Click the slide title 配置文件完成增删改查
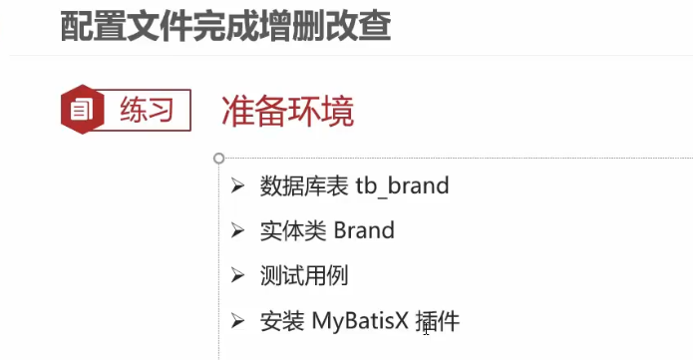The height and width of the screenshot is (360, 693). (x=224, y=26)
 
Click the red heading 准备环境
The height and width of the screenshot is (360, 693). (x=287, y=112)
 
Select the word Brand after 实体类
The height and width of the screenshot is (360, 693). (x=364, y=230)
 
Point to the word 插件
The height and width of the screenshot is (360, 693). (x=437, y=321)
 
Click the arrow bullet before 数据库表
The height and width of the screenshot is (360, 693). (x=237, y=185)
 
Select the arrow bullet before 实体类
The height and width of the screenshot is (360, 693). (x=237, y=230)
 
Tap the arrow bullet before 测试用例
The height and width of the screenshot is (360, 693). (x=237, y=276)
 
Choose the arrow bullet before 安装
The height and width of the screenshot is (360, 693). (x=237, y=321)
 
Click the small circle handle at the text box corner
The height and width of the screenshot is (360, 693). (x=218, y=158)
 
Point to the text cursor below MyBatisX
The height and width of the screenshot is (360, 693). (x=426, y=329)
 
